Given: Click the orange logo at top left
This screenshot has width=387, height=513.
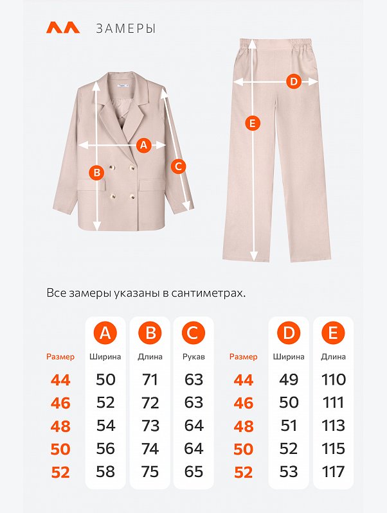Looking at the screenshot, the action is click(63, 28).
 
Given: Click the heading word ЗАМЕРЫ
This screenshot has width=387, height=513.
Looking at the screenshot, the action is click(126, 29).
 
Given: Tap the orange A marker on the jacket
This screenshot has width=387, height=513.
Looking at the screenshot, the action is click(143, 145).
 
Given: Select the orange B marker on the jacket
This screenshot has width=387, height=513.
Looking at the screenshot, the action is click(96, 172).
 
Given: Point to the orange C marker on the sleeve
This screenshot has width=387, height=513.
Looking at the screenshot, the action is click(178, 166).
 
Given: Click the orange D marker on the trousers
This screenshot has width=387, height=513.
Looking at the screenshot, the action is click(294, 81).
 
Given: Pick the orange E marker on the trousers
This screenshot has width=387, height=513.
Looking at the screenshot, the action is click(252, 124).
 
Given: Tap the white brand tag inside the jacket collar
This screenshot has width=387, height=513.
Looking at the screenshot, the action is click(123, 86).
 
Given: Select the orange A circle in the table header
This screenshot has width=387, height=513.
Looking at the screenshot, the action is click(105, 333).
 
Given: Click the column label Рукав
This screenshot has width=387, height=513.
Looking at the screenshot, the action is click(194, 356).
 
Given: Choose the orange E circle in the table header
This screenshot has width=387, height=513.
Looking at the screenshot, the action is click(333, 333).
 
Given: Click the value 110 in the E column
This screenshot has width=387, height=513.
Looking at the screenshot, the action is click(333, 379).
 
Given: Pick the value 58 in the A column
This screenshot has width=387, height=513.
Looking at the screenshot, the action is click(105, 471).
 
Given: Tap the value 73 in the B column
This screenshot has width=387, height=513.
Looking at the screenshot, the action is click(150, 426).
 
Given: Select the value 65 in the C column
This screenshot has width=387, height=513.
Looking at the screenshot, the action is click(194, 471).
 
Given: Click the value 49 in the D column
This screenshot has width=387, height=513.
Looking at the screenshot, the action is click(289, 379).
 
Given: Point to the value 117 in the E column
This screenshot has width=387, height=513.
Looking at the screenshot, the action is click(333, 471).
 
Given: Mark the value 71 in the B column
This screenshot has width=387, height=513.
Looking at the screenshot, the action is click(150, 379).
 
